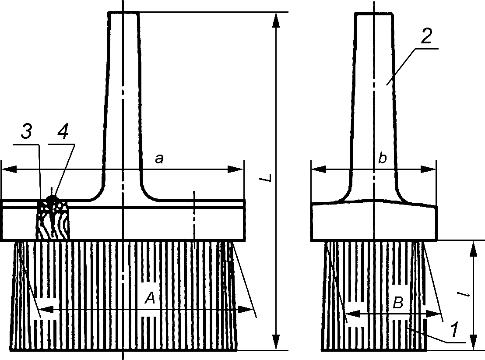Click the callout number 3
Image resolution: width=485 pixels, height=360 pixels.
[x=26, y=132]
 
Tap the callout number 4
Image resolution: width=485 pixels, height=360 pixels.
[x=63, y=132]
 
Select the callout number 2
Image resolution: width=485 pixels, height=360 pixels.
[x=426, y=36]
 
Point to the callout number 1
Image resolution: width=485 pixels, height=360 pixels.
[x=454, y=329]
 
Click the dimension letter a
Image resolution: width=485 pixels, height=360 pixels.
[x=159, y=159]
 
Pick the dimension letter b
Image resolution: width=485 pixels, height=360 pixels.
[x=383, y=158]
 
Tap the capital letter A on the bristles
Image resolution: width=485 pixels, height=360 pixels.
[x=150, y=299]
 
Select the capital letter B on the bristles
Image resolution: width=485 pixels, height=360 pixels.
[x=397, y=303]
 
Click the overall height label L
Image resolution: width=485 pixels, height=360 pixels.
[x=269, y=177]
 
